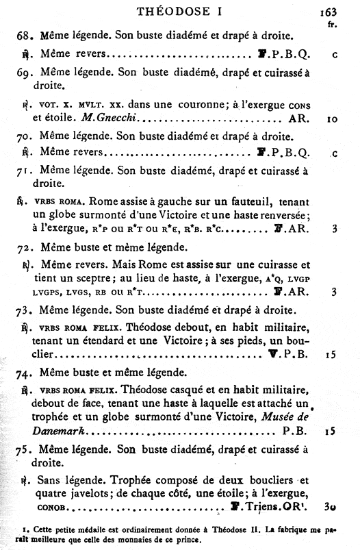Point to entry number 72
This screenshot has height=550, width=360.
tap(25, 245)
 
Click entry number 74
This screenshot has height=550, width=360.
tap(25, 373)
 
